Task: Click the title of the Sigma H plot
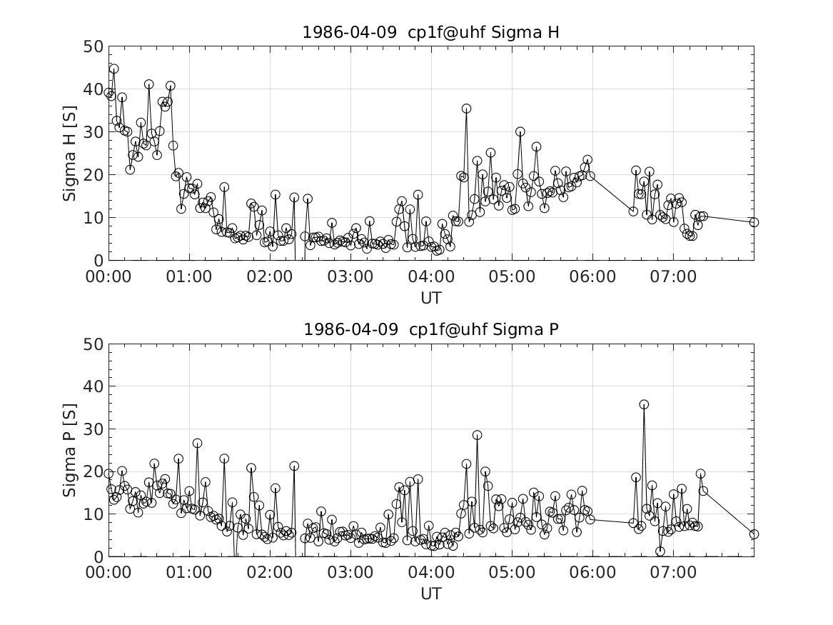430,32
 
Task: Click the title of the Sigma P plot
430,329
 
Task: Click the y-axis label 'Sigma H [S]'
69,153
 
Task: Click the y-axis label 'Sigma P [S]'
69,450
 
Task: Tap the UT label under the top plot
430,297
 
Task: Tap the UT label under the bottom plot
430,594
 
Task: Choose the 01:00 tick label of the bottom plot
189,573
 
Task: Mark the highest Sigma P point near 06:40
644,404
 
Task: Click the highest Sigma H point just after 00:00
113,69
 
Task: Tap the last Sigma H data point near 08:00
754,222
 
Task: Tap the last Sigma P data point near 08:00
754,534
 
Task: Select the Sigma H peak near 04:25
466,109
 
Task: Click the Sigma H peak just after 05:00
520,131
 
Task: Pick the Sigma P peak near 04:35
477,435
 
